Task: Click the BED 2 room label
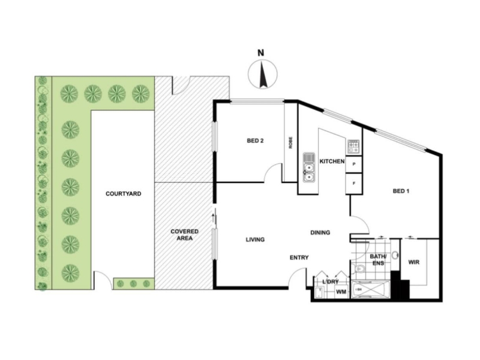pos(255,141)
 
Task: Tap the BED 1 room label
pos(401,191)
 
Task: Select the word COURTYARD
pos(124,194)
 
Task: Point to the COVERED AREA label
pos(185,235)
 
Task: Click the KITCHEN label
pos(332,161)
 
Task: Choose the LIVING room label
pos(256,239)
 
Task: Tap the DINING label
pos(320,233)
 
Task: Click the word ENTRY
pos(299,258)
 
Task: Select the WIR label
pos(414,262)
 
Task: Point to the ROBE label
pos(290,143)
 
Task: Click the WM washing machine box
pos(341,292)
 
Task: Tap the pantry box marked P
pos(354,164)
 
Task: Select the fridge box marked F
pos(354,184)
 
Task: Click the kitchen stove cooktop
pos(353,146)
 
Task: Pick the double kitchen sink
pos(309,167)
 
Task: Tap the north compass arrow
pos(263,74)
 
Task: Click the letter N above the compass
pos(260,53)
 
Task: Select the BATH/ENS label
pos(379,260)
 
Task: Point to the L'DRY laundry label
pos(331,281)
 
